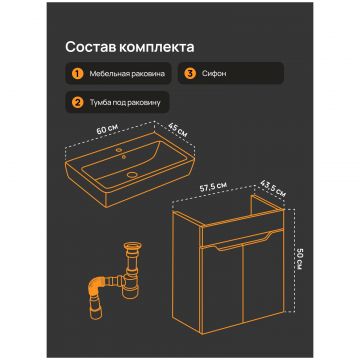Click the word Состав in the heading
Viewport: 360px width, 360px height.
(90, 47)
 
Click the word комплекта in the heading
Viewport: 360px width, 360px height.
(156, 47)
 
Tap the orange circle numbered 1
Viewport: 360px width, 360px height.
(78, 73)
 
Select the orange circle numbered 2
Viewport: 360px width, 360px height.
(78, 102)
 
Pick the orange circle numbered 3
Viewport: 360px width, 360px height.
(190, 73)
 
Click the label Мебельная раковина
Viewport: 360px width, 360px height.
(127, 73)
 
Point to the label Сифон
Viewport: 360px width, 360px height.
(214, 73)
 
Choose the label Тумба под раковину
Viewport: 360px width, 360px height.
(125, 102)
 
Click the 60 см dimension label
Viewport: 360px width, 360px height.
(106, 130)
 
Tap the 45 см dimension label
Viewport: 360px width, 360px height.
(177, 130)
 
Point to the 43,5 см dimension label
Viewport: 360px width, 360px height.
(272, 189)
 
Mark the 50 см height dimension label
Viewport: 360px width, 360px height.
(299, 259)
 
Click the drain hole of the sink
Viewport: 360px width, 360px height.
(133, 174)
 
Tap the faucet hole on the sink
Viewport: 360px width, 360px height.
(119, 151)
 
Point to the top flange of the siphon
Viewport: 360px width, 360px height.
(134, 247)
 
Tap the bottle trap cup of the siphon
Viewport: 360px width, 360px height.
(130, 288)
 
